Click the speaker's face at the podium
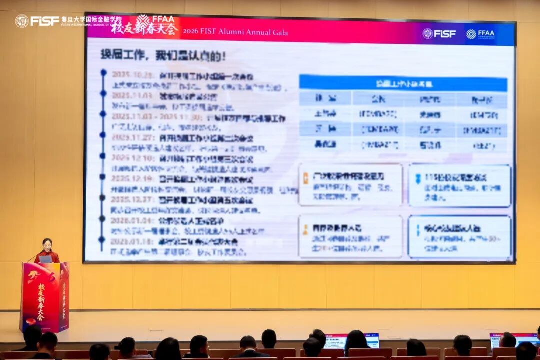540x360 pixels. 48,245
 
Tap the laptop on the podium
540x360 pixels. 46,259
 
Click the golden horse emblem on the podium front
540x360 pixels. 35,276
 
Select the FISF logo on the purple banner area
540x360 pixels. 439,34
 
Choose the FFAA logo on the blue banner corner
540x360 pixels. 480,34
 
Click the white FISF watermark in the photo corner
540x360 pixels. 37,21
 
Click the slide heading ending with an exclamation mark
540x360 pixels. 163,55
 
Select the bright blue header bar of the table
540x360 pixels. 403,83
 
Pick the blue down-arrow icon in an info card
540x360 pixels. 418,178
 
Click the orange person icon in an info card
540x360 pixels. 305,229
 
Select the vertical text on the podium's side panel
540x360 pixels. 64,297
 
